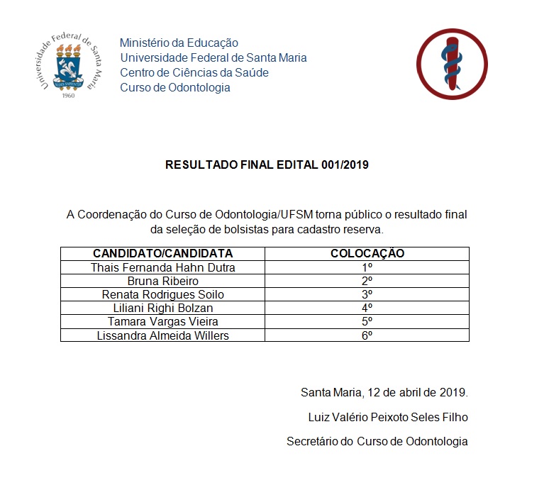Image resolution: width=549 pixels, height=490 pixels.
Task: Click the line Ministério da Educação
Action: [179, 43]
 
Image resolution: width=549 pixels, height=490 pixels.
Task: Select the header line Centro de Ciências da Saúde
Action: [194, 72]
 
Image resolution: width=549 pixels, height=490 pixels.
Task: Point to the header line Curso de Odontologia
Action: [175, 87]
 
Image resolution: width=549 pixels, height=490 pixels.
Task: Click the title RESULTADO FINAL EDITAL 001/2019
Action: [267, 165]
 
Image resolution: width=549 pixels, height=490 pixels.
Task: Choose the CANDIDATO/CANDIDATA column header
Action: [162, 253]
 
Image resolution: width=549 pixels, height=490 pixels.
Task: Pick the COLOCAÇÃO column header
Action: [367, 253]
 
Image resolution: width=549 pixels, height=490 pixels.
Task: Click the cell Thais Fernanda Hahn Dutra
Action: [162, 267]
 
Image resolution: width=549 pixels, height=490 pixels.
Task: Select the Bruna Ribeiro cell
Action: [162, 281]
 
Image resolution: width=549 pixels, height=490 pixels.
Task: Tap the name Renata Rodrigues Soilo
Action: [162, 294]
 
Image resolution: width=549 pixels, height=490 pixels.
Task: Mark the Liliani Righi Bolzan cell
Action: [162, 308]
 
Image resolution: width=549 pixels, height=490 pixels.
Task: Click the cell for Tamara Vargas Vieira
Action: [162, 321]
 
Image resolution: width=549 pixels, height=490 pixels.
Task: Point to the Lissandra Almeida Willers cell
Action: [162, 335]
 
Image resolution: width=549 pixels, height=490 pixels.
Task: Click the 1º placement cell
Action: [367, 267]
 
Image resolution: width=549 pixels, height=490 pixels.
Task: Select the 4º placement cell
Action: [367, 308]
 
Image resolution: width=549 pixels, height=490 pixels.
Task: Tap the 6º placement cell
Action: [367, 335]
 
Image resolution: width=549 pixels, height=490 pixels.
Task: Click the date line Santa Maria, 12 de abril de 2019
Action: [384, 392]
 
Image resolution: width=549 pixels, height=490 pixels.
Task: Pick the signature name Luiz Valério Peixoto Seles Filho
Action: [387, 416]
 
